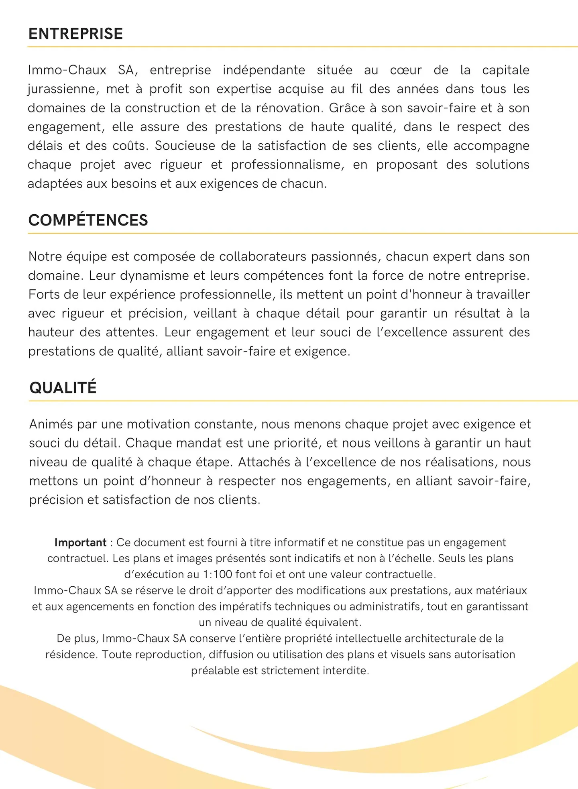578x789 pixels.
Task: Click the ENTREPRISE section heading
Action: pyautogui.click(x=75, y=34)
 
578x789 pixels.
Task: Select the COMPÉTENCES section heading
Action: pyautogui.click(x=88, y=220)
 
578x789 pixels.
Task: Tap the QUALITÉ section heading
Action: pyautogui.click(x=63, y=388)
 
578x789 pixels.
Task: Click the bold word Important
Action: pyautogui.click(x=80, y=543)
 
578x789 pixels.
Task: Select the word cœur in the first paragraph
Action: pyautogui.click(x=406, y=70)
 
